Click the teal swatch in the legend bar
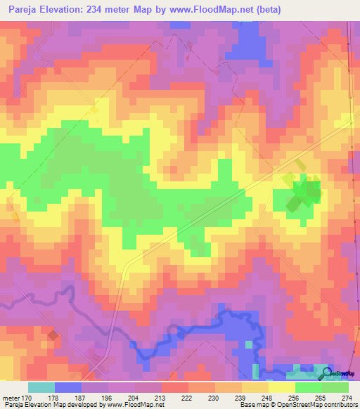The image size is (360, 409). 41,387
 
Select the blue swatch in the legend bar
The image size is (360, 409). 68,387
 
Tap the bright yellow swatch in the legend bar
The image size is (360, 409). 282,387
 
